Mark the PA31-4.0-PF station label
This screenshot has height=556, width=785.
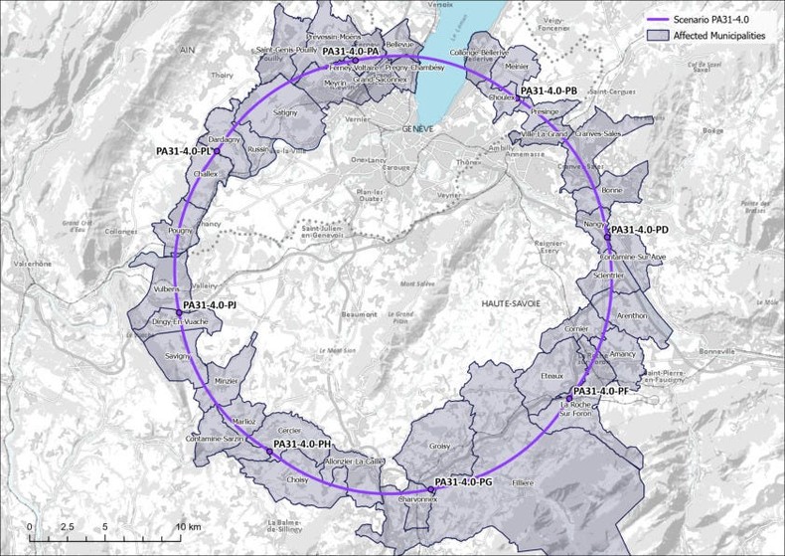click(x=601, y=391)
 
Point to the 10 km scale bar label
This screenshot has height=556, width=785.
click(x=189, y=525)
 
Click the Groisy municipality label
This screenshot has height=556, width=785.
click(x=439, y=447)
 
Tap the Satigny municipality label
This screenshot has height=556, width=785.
click(x=285, y=113)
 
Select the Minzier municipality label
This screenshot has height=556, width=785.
click(x=228, y=381)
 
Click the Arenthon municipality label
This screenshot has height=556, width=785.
click(x=631, y=315)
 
